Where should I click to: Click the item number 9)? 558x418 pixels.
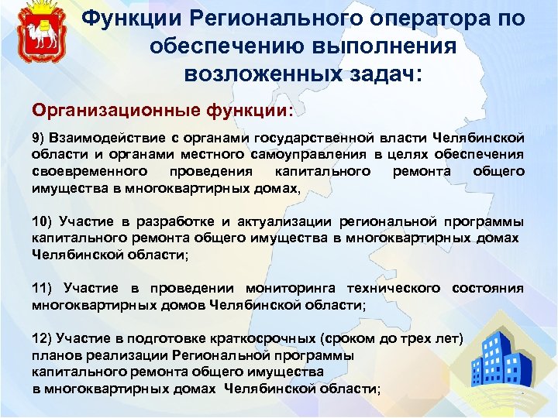coord(40,138)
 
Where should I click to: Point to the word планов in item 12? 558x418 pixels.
coord(55,356)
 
